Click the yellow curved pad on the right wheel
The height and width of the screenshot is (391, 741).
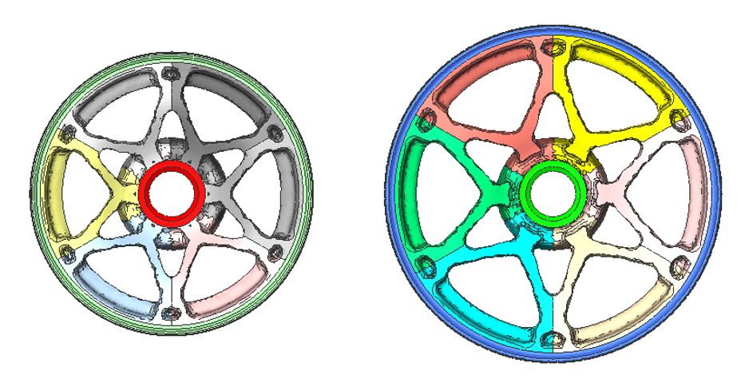[623, 68]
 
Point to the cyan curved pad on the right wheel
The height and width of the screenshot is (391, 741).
[479, 320]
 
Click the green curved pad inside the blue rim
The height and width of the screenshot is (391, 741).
[415, 193]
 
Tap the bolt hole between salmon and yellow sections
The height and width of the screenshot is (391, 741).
[552, 47]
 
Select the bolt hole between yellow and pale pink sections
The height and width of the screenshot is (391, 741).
[680, 120]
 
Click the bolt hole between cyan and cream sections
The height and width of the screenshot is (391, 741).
[552, 339]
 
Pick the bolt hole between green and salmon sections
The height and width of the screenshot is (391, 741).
[425, 121]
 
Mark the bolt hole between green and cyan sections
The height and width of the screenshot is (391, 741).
[425, 267]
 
